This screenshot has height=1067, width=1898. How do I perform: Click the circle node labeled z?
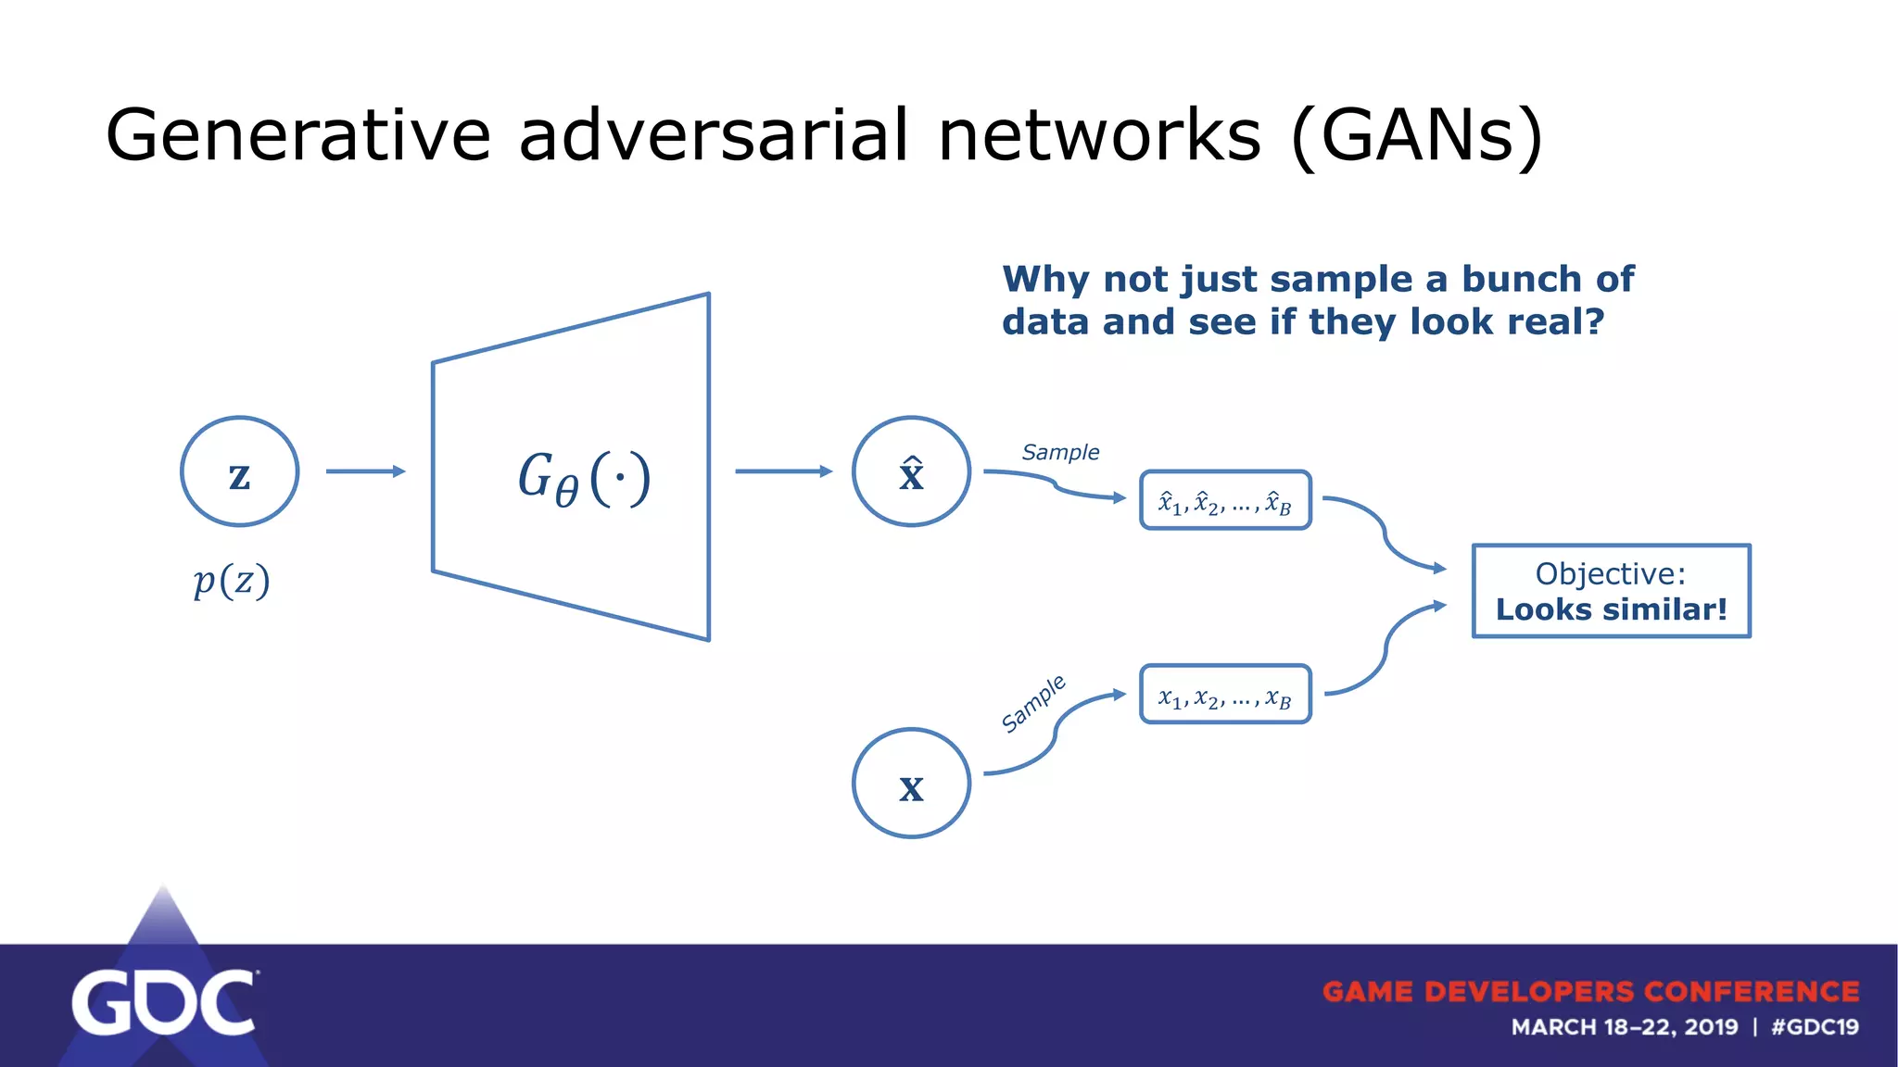[x=239, y=471]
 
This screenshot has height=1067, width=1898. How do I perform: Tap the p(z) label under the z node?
[x=232, y=582]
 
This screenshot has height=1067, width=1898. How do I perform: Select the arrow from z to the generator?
[x=365, y=471]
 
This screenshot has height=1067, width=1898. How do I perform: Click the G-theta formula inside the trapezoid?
[x=584, y=479]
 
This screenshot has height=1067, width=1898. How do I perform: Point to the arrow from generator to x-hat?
[x=783, y=471]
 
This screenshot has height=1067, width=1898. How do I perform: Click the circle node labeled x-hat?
[x=911, y=471]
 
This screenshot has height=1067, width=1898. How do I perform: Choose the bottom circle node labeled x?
[x=911, y=784]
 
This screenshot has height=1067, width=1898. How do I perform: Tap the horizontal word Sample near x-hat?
[x=1060, y=452]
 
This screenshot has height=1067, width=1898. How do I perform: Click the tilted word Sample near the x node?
[x=1034, y=704]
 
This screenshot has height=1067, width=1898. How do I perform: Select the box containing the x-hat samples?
[x=1225, y=500]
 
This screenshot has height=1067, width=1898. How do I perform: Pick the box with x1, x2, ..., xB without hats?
[x=1225, y=694]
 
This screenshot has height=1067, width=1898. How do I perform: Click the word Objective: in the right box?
[x=1611, y=573]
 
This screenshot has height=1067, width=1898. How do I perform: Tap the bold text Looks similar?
[x=1611, y=609]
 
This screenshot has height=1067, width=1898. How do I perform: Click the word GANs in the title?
[x=1418, y=135]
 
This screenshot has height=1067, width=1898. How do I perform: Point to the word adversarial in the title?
[x=714, y=135]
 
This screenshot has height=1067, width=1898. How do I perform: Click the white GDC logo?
[x=163, y=1002]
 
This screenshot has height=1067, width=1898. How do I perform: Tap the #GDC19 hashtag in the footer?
[x=1815, y=1027]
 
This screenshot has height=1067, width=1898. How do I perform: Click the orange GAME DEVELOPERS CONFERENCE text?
[x=1590, y=991]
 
